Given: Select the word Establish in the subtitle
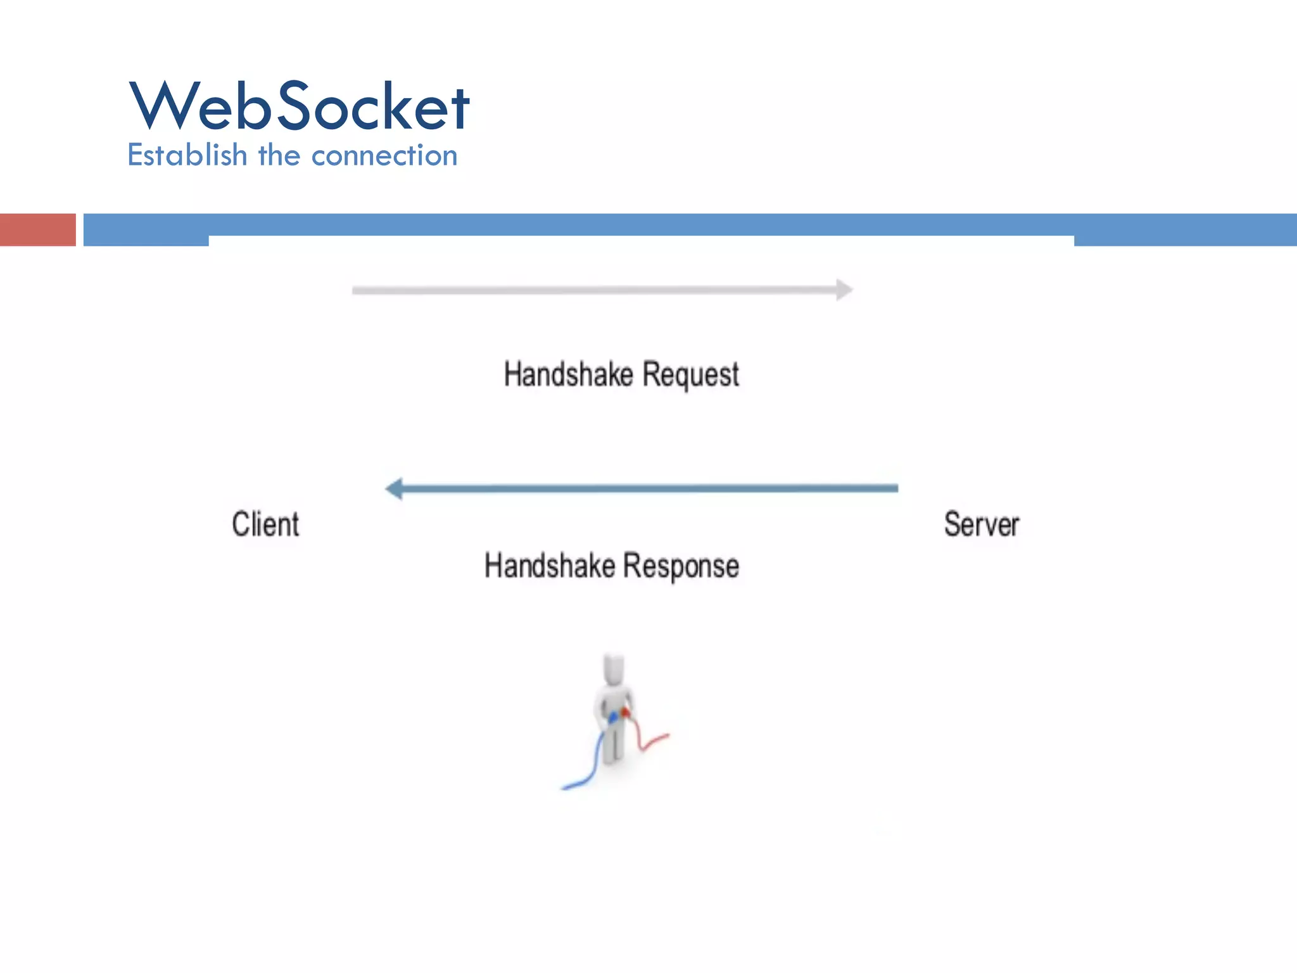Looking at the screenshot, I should click(187, 155).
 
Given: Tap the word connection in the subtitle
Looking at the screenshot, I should click(384, 156).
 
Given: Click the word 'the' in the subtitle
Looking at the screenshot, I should click(279, 155).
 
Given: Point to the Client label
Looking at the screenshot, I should click(265, 525).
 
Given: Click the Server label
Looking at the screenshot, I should click(982, 525).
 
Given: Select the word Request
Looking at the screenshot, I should click(690, 374).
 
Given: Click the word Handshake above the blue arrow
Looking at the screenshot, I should click(568, 374).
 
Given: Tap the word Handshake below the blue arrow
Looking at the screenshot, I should click(549, 565).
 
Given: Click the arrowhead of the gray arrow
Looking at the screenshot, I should click(845, 290).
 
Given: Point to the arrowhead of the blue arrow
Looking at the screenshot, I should click(395, 488).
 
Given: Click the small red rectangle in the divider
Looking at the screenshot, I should click(37, 229).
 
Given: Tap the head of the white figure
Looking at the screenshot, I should click(614, 669).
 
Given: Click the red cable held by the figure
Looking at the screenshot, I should click(646, 741).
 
